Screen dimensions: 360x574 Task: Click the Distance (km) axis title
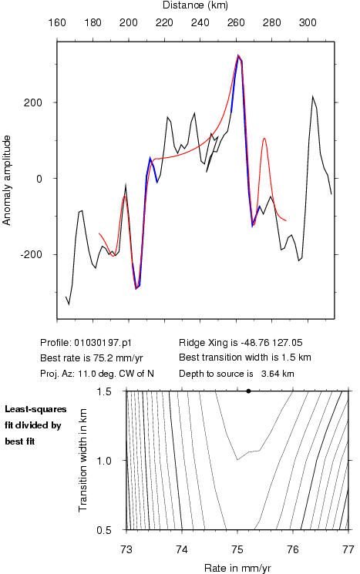pyautogui.click(x=195, y=5)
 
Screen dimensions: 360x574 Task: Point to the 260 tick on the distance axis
pyautogui.click(x=236, y=22)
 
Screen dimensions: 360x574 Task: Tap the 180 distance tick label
pyautogui.click(x=93, y=22)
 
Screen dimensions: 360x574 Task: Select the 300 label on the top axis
pyautogui.click(x=308, y=22)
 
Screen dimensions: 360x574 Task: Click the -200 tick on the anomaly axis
pyautogui.click(x=32, y=254)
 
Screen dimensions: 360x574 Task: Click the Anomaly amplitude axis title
pyautogui.click(x=6, y=180)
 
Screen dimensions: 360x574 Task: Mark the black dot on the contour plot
pyautogui.click(x=249, y=391)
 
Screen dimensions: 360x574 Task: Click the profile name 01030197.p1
pyautogui.click(x=103, y=343)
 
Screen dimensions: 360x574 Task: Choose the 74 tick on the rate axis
pyautogui.click(x=182, y=549)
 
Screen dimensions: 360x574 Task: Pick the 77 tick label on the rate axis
pyautogui.click(x=348, y=549)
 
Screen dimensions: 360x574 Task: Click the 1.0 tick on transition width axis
pyautogui.click(x=103, y=461)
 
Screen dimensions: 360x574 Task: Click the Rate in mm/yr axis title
pyautogui.click(x=237, y=568)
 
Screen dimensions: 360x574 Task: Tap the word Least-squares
pyautogui.click(x=35, y=409)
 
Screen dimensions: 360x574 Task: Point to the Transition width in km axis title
pyautogui.click(x=82, y=460)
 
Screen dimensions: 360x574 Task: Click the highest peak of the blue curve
pyautogui.click(x=238, y=55)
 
